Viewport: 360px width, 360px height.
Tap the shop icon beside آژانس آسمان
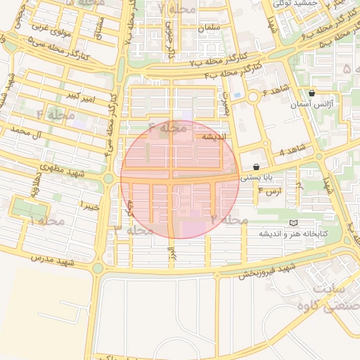[x=311, y=93]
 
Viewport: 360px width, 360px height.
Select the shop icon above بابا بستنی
[x=254, y=167]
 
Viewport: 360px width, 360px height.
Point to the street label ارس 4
[x=271, y=191]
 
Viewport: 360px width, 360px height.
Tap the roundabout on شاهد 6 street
[x=252, y=96]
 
